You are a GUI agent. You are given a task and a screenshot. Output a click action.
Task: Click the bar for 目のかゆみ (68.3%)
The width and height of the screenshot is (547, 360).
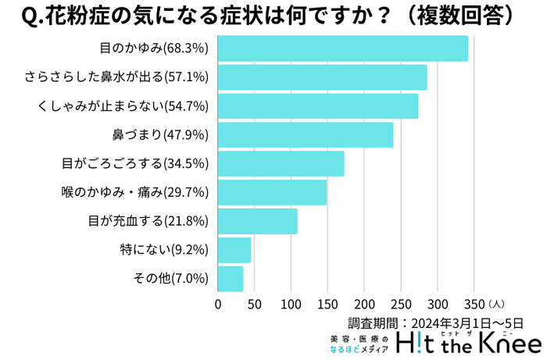click(342, 48)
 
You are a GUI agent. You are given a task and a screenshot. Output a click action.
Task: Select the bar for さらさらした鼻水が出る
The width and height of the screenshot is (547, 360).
click(322, 77)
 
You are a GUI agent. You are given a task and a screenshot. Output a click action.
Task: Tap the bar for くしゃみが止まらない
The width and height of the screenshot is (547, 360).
click(317, 106)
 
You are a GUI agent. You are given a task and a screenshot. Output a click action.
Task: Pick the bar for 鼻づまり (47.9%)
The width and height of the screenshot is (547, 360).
click(305, 135)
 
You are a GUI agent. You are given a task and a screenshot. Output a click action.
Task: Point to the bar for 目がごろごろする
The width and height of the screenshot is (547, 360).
click(281, 163)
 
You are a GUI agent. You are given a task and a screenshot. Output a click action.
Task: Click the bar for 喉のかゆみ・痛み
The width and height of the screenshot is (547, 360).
click(272, 192)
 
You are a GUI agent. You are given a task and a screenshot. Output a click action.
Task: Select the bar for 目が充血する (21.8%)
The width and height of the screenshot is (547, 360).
click(257, 221)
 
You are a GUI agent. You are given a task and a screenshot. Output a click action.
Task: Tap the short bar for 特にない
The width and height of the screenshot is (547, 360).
click(234, 250)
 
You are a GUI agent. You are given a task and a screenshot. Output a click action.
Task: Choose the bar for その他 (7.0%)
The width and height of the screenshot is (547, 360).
click(231, 278)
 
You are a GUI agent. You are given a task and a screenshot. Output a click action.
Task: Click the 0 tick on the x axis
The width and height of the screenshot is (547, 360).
click(218, 303)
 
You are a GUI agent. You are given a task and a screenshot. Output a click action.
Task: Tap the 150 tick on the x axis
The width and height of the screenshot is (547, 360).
click(327, 303)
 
